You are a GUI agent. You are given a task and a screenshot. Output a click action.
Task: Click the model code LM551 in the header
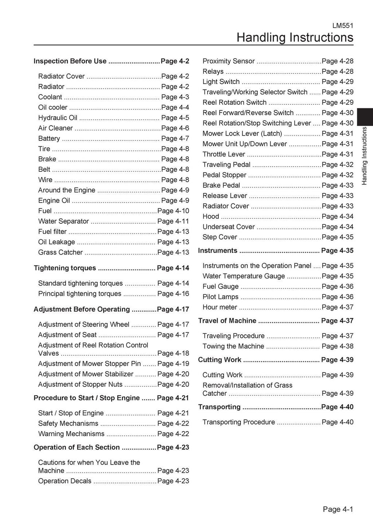[x=343, y=26]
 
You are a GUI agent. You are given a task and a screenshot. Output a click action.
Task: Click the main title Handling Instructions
[x=295, y=37]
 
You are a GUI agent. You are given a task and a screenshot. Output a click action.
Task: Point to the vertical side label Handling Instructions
[x=364, y=156]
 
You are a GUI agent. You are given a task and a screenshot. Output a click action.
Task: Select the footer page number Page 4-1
[x=338, y=509]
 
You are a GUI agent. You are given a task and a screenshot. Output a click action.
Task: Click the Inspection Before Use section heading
[x=70, y=61]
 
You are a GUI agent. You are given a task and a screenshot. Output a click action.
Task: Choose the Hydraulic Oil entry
[x=58, y=118]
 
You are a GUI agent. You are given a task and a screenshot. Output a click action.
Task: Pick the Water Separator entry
[x=63, y=221]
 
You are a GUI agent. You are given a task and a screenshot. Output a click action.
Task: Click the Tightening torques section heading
[x=65, y=268]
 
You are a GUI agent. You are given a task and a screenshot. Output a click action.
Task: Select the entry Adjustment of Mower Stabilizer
[x=86, y=374]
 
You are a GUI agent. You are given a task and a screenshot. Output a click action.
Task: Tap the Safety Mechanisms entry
[x=68, y=423]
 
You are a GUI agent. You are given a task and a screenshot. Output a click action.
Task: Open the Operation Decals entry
[x=65, y=481]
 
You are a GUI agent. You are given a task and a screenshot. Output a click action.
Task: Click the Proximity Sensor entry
[x=228, y=61]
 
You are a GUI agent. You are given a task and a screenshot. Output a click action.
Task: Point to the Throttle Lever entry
[x=224, y=154]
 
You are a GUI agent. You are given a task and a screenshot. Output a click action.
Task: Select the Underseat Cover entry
[x=228, y=227]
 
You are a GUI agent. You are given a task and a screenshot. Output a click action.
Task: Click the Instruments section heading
[x=217, y=251]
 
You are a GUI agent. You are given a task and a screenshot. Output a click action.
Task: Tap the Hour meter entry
[x=220, y=307]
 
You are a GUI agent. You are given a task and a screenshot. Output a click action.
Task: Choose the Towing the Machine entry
[x=233, y=346]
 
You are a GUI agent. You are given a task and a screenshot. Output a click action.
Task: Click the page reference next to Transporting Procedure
[x=337, y=422]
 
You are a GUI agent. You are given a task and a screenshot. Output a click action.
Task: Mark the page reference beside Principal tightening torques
[x=173, y=294]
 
